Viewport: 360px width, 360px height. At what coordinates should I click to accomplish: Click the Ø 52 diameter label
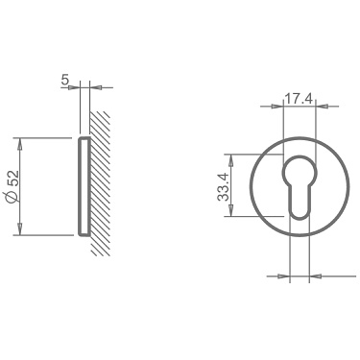tap(12, 186)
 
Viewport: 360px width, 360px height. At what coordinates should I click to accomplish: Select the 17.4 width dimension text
tap(299, 98)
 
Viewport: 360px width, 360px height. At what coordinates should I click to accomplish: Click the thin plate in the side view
tap(83, 186)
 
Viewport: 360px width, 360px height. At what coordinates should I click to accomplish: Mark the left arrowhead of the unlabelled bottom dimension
tap(284, 276)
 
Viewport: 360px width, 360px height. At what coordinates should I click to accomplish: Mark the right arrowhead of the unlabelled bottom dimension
tap(313, 276)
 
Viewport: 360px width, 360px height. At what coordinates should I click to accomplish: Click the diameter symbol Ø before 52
tap(12, 198)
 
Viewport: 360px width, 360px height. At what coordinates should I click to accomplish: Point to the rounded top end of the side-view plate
tap(83, 140)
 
